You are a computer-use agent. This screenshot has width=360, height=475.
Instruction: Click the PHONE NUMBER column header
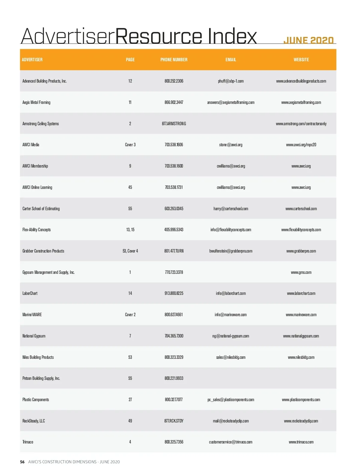tap(174, 60)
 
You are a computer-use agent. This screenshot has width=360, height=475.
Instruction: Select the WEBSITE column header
tap(301, 60)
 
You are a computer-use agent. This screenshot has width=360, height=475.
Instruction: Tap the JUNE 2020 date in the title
tap(308, 41)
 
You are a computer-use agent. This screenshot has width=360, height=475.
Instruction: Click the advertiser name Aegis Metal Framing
tap(36, 102)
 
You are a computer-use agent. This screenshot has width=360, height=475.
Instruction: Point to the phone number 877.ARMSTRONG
tap(174, 124)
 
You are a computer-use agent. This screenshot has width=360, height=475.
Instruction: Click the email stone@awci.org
tap(230, 145)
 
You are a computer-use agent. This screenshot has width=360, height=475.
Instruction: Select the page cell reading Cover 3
tap(130, 145)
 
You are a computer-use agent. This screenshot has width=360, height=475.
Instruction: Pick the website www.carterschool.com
tap(301, 209)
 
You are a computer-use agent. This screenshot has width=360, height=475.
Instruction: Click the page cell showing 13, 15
tap(130, 230)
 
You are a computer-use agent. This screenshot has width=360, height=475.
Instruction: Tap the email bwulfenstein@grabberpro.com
tap(230, 251)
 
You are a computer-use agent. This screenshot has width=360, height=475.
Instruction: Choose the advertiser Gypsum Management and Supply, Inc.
tap(48, 272)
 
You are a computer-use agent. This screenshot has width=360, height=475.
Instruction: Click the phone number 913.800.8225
tap(174, 293)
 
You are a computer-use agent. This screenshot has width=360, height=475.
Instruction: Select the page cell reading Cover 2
tap(130, 315)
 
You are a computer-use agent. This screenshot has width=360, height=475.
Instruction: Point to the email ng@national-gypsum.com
tap(230, 336)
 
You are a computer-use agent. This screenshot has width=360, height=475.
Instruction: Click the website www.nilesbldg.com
tap(301, 357)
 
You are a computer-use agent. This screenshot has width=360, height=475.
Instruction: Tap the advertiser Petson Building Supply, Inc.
tap(41, 378)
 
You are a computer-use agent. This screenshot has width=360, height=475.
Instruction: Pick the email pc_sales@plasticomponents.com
tap(230, 400)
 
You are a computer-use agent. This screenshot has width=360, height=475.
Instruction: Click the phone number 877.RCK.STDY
tap(174, 421)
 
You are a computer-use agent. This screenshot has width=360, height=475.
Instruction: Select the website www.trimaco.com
tap(301, 442)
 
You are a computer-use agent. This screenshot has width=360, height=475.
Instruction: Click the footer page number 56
tap(22, 462)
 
